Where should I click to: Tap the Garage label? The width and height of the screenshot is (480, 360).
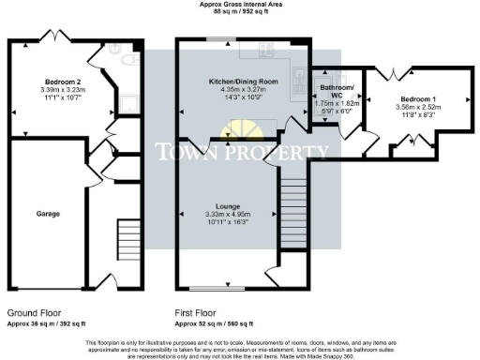point(49,214)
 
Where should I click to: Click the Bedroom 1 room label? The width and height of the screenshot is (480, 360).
point(417,98)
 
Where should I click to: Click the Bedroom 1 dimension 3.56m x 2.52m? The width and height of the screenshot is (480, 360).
point(417,107)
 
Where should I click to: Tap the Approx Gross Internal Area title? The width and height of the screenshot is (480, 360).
point(239,5)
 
